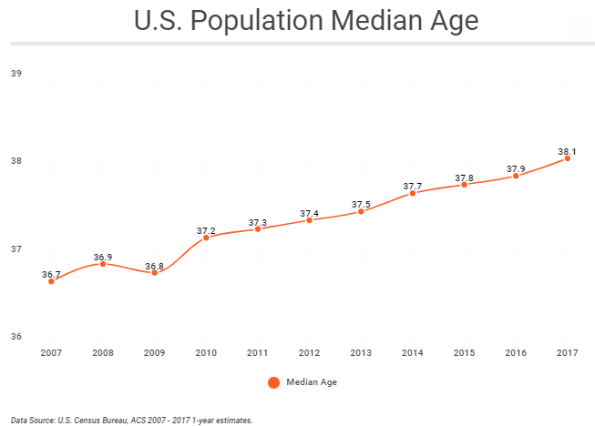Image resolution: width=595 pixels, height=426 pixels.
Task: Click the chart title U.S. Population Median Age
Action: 306,21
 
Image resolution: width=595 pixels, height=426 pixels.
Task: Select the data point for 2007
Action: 51,281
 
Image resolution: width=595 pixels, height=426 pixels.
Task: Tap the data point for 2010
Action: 206,238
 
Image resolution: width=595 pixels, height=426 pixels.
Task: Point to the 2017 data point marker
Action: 568,158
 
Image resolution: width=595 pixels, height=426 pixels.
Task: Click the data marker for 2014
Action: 413,193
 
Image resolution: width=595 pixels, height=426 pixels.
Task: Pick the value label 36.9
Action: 103,258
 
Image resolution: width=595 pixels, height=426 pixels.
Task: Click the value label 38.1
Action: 568,151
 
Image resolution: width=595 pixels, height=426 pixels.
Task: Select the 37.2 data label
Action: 206,230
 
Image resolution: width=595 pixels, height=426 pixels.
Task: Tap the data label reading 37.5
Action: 361,204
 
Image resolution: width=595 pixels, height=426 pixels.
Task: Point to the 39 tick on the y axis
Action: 15,74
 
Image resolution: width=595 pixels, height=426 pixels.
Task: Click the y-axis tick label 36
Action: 15,336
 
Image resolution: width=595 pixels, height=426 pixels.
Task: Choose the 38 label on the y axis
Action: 15,161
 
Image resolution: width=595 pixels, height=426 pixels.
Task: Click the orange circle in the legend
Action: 273,382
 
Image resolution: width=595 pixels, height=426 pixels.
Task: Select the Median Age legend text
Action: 312,382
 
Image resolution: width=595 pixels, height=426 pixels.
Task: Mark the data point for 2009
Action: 154,272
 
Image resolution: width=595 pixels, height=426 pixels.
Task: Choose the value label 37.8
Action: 464,177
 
